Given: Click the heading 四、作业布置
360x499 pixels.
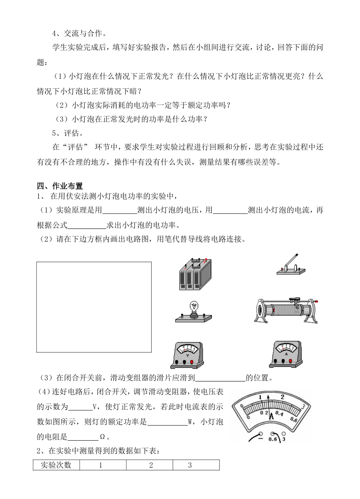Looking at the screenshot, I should (x=60, y=186).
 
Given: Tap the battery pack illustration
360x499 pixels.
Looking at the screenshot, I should (x=195, y=275).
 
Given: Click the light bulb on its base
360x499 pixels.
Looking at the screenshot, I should (x=194, y=312).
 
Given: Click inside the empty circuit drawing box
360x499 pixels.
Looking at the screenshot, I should (x=94, y=307).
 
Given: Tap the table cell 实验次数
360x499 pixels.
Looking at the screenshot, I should (x=56, y=465).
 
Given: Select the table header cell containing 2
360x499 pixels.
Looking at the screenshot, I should (x=150, y=465).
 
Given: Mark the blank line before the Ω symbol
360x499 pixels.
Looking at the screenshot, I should (x=83, y=436).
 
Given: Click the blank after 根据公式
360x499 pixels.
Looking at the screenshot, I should (x=86, y=225).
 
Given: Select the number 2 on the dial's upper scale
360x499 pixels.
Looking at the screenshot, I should (x=282, y=397).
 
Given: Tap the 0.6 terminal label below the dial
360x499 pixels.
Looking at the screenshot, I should (x=272, y=440).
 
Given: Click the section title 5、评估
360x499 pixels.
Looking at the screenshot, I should (x=68, y=133).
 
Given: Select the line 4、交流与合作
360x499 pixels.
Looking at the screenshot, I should (x=79, y=33).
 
